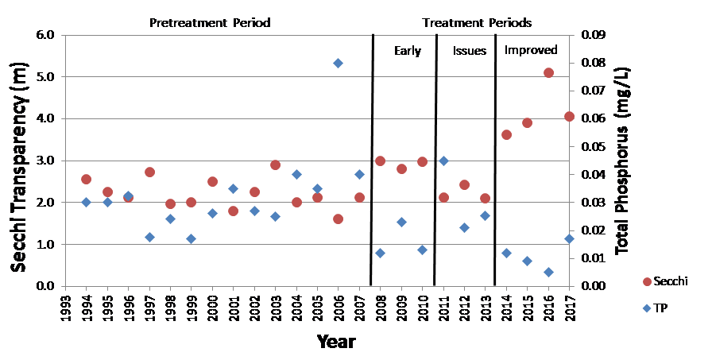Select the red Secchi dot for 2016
tap(548, 72)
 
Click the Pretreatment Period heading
tap(210, 22)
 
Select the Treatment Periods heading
tap(477, 22)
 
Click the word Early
tap(408, 51)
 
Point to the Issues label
tap(470, 51)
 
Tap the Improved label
tap(531, 50)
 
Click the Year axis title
tap(336, 343)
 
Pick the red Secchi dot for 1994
tap(86, 180)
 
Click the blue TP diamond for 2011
tap(443, 161)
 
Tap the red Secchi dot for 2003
tap(275, 165)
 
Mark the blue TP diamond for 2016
tap(548, 272)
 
